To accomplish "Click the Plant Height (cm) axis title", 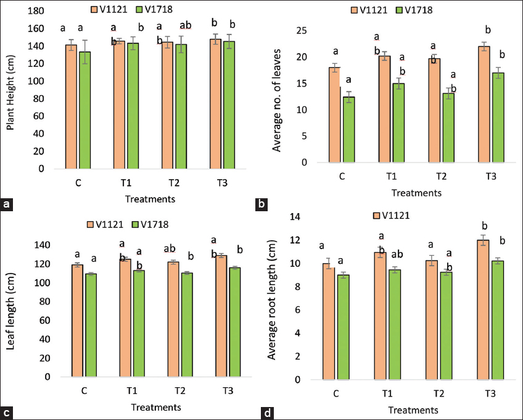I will (x=10, y=91).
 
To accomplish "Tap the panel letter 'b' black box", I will (x=261, y=203).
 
